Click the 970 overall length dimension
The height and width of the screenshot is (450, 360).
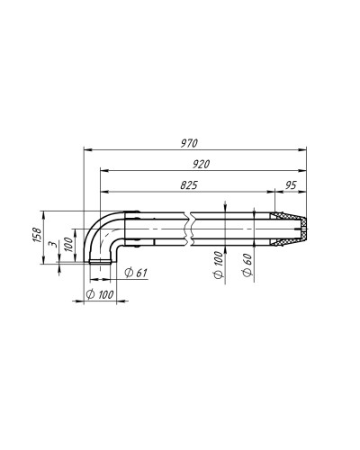point(189,143)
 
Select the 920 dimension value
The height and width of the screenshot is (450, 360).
point(201,165)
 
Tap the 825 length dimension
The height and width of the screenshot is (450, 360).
point(189,185)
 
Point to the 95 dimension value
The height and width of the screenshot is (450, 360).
point(291,185)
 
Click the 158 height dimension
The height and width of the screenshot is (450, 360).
point(37,236)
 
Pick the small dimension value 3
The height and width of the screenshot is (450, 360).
point(54,244)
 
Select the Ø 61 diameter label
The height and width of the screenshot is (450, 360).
point(136,273)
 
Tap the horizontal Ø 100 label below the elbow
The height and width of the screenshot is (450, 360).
point(100,294)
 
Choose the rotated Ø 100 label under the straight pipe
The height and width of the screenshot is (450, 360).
point(219,265)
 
